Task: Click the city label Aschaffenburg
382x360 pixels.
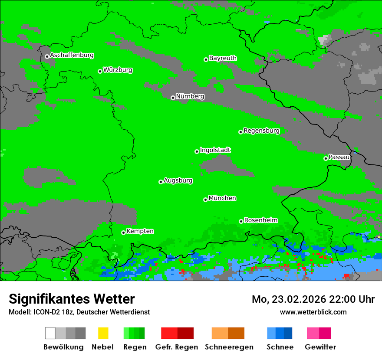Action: [72, 56]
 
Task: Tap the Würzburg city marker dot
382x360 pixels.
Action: [100, 71]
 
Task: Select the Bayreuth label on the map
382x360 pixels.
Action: [223, 58]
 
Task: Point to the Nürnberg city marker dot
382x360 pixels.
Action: [173, 98]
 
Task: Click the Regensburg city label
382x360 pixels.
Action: [261, 131]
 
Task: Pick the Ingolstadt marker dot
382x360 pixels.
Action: [197, 151]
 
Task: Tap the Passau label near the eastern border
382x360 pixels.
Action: [339, 157]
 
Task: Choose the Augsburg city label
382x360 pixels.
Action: [178, 180]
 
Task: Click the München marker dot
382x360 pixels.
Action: [205, 200]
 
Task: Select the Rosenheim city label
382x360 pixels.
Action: [260, 220]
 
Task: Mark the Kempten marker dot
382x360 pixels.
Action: [123, 232]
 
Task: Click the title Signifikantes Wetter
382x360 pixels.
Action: [72, 299]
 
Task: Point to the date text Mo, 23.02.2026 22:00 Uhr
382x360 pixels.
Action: [313, 299]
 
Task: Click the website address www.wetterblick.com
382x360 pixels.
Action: [313, 312]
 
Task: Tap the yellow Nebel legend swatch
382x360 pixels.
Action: [103, 333]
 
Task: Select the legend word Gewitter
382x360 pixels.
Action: [320, 347]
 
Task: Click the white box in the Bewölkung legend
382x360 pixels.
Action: [50, 333]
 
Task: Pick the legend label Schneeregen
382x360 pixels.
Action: [228, 347]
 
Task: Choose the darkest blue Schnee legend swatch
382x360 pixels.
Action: [288, 333]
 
